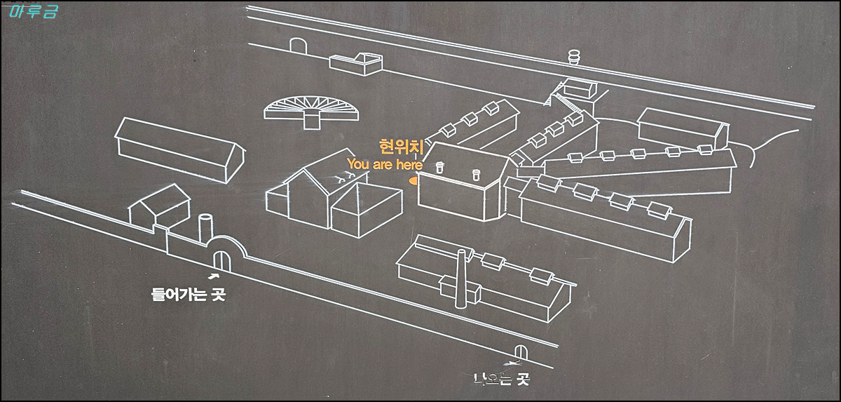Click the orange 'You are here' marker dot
(x=413, y=180)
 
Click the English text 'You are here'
(x=385, y=164)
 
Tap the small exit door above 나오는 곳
(x=521, y=352)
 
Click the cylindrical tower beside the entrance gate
(x=206, y=228)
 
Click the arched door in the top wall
(x=299, y=46)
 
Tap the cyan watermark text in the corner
(x=34, y=12)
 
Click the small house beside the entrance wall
(x=161, y=205)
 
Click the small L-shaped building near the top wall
(x=359, y=64)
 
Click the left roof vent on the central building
(x=441, y=168)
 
